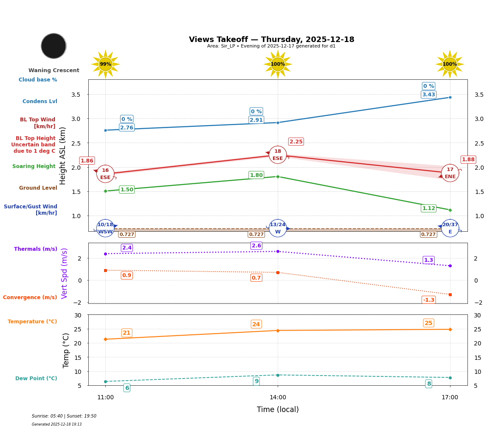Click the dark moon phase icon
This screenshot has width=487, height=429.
53,46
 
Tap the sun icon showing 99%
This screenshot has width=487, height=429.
105,64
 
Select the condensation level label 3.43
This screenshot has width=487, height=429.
428,95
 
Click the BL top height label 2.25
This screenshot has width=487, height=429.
296,142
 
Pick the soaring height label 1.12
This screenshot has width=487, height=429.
428,208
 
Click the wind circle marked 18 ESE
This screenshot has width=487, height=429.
278,155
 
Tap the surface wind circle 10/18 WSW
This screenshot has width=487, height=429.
105,228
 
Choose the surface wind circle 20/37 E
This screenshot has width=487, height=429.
450,228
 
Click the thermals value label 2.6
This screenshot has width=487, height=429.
256,246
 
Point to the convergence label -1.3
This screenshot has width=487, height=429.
428,300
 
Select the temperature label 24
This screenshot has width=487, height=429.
256,324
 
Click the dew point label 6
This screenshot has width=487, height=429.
127,388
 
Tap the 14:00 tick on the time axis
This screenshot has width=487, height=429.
278,398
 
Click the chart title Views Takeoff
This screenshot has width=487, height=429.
271,39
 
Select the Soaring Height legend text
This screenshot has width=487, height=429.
34,166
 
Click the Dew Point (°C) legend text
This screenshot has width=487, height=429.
36,379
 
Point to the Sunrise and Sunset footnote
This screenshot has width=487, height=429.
64,416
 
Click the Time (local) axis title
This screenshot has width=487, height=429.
278,409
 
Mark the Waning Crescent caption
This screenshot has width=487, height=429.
53,70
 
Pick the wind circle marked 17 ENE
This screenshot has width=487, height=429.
450,173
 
